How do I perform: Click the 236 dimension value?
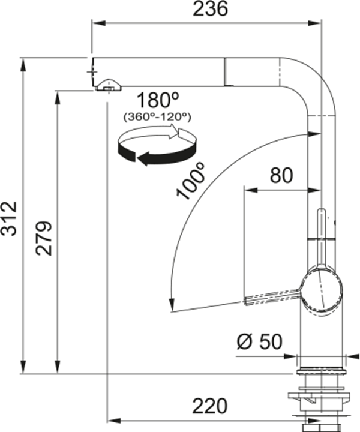pos(210,8)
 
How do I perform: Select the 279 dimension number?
pos(43,238)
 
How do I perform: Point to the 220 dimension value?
pos(210,406)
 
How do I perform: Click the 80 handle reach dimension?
pos(281,175)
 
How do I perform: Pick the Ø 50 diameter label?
pos(259,341)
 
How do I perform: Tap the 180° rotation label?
pos(158,100)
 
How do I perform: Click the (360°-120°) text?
pos(157,117)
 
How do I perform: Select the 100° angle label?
pos(191,181)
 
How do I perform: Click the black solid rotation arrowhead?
pos(143,160)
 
